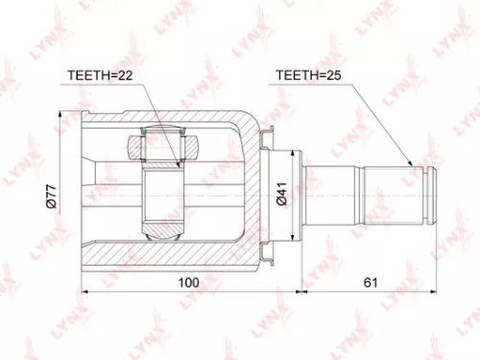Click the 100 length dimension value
point(189,282)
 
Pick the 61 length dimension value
point(370,282)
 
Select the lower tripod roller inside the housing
point(162,229)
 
